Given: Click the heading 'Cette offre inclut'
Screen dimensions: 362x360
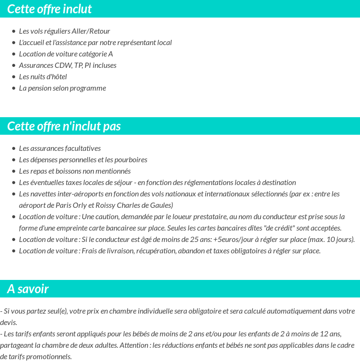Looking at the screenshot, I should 49,9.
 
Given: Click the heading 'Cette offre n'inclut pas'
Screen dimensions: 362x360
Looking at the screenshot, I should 64,126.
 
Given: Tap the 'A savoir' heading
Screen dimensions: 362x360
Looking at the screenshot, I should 28,289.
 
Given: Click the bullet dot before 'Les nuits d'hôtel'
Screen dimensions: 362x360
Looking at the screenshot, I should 14,77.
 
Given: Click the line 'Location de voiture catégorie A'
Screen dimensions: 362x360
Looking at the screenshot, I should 66,54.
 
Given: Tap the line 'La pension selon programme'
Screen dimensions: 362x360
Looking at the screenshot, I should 62,88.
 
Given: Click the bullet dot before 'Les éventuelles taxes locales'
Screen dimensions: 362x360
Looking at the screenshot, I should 14,183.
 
